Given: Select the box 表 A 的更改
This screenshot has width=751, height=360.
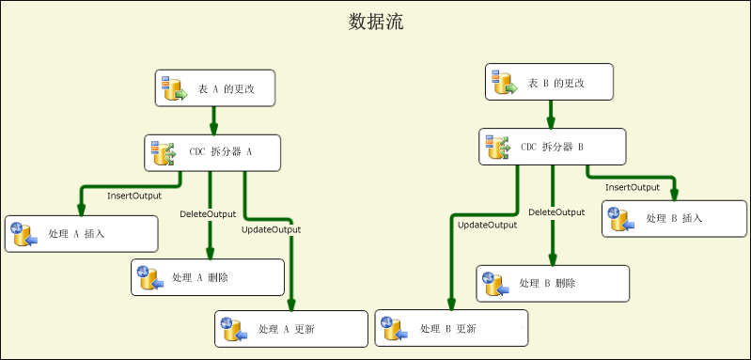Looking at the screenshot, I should pyautogui.click(x=214, y=88).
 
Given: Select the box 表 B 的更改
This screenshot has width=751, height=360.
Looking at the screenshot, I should pyautogui.click(x=551, y=82).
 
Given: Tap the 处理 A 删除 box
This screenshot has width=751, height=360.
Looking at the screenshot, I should pyautogui.click(x=208, y=277).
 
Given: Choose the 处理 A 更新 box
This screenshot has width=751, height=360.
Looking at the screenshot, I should pyautogui.click(x=291, y=329).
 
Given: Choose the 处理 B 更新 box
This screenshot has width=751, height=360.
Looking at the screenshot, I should pyautogui.click(x=451, y=328).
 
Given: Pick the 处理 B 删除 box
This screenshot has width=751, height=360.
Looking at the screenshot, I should pyautogui.click(x=553, y=283).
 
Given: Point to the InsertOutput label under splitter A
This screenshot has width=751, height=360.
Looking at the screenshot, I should pyautogui.click(x=133, y=196).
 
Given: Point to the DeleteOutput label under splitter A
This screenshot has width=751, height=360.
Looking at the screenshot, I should pyautogui.click(x=208, y=214).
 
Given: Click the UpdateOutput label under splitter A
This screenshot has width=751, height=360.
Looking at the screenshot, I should pyautogui.click(x=271, y=229).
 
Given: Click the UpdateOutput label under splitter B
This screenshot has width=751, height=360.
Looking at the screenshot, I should pyautogui.click(x=487, y=225).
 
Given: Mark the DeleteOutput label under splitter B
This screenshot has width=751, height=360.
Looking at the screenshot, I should pyautogui.click(x=556, y=212).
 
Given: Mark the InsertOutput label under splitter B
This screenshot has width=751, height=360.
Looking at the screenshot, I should pyautogui.click(x=632, y=187).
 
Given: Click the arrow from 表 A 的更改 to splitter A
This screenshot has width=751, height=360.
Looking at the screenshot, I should pyautogui.click(x=214, y=121).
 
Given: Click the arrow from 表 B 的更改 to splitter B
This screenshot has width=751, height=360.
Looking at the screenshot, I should pyautogui.click(x=551, y=115).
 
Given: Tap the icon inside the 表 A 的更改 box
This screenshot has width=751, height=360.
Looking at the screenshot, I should pyautogui.click(x=175, y=87).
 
